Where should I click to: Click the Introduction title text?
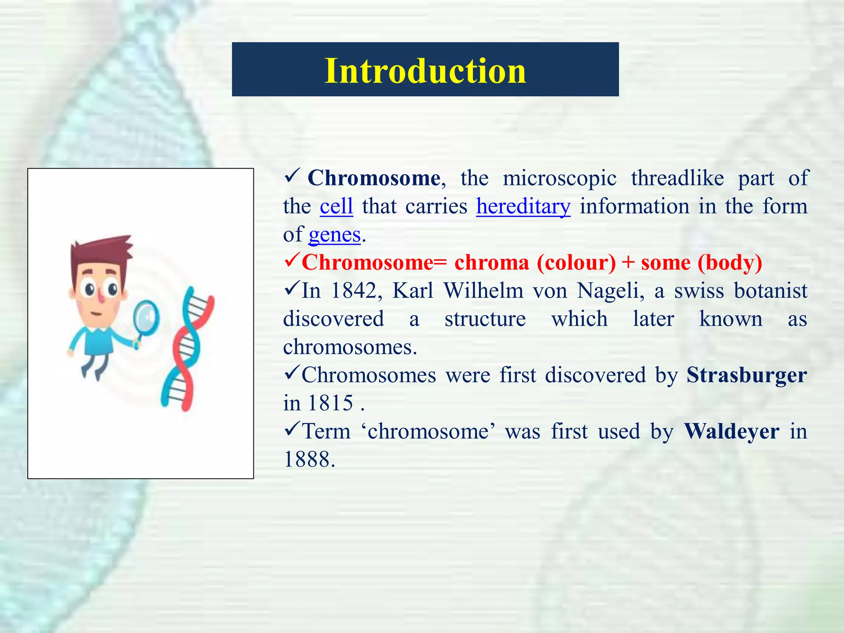click(425, 71)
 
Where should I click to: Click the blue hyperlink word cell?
click(336, 206)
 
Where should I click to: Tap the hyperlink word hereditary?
click(523, 206)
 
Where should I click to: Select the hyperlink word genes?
click(334, 234)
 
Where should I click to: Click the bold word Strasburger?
click(746, 375)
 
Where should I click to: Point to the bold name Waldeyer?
click(731, 431)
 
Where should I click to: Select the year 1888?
click(309, 459)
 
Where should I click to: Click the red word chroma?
click(491, 263)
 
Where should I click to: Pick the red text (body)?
click(730, 263)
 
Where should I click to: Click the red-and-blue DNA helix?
click(188, 350)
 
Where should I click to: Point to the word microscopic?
click(559, 178)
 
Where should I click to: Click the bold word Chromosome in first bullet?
click(374, 178)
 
